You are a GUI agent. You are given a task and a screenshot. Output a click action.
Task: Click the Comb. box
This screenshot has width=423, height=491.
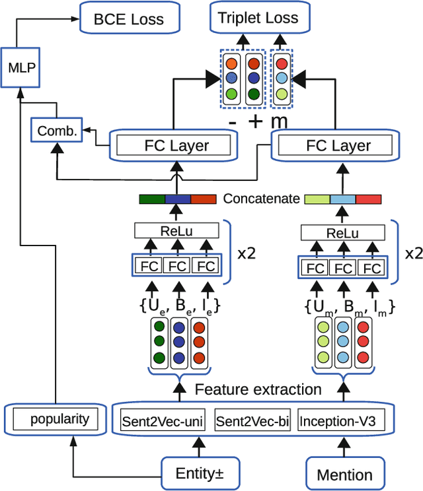coord(56,131)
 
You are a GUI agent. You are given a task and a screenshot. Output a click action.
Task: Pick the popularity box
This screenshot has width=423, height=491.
coord(56,418)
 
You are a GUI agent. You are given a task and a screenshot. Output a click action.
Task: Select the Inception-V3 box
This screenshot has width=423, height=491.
coord(335,420)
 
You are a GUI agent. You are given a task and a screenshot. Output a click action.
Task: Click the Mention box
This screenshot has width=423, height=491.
coord(344,473)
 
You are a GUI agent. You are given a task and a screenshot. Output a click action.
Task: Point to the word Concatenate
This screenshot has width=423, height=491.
coord(261,199)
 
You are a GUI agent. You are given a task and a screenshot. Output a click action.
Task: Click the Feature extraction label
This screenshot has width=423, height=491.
coord(258,390)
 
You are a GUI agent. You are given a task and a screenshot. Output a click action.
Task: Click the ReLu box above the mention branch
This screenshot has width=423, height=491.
coord(342,233)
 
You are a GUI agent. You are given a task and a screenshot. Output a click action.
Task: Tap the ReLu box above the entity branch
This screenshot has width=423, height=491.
coord(176,230)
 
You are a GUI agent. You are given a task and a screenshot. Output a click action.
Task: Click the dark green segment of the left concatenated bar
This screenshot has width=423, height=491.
coord(151,199)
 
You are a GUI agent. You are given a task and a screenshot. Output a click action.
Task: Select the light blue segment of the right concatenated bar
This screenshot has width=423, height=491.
coord(342,199)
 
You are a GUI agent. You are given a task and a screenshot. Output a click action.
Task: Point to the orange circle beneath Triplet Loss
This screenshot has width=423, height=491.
coord(231,65)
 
